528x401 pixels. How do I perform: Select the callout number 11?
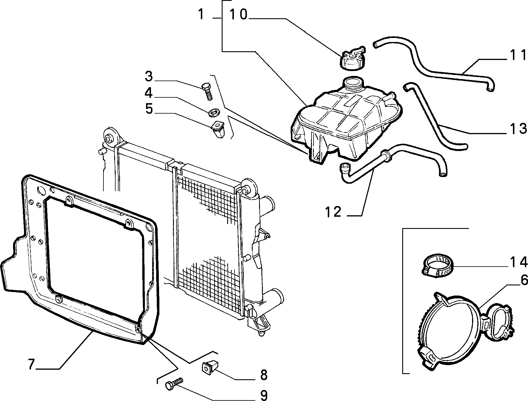517,55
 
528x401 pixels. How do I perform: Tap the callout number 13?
517,129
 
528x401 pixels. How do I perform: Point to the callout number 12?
333,212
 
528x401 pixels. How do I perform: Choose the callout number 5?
149,109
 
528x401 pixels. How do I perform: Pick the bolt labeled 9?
174,384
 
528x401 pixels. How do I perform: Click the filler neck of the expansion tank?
352,83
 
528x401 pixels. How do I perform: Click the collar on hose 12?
387,155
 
